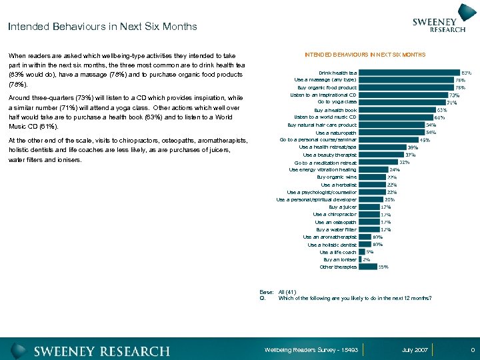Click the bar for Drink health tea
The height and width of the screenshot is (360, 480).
409,73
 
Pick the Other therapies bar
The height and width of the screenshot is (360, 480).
367,267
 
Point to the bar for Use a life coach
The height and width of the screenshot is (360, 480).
362,252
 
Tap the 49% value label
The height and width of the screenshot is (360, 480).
424,140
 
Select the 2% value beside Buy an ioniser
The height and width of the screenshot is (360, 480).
367,259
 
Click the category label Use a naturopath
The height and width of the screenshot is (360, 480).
335,132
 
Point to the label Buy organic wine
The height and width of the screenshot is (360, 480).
337,177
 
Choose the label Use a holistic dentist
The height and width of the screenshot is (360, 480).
332,245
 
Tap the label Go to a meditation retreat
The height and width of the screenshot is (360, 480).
325,163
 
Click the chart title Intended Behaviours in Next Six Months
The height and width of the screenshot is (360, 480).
365,54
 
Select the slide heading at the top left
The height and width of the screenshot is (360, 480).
103,27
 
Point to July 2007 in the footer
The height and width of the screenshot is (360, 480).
415,350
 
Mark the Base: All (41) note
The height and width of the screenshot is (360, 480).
278,291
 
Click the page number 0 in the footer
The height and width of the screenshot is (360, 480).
472,350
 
